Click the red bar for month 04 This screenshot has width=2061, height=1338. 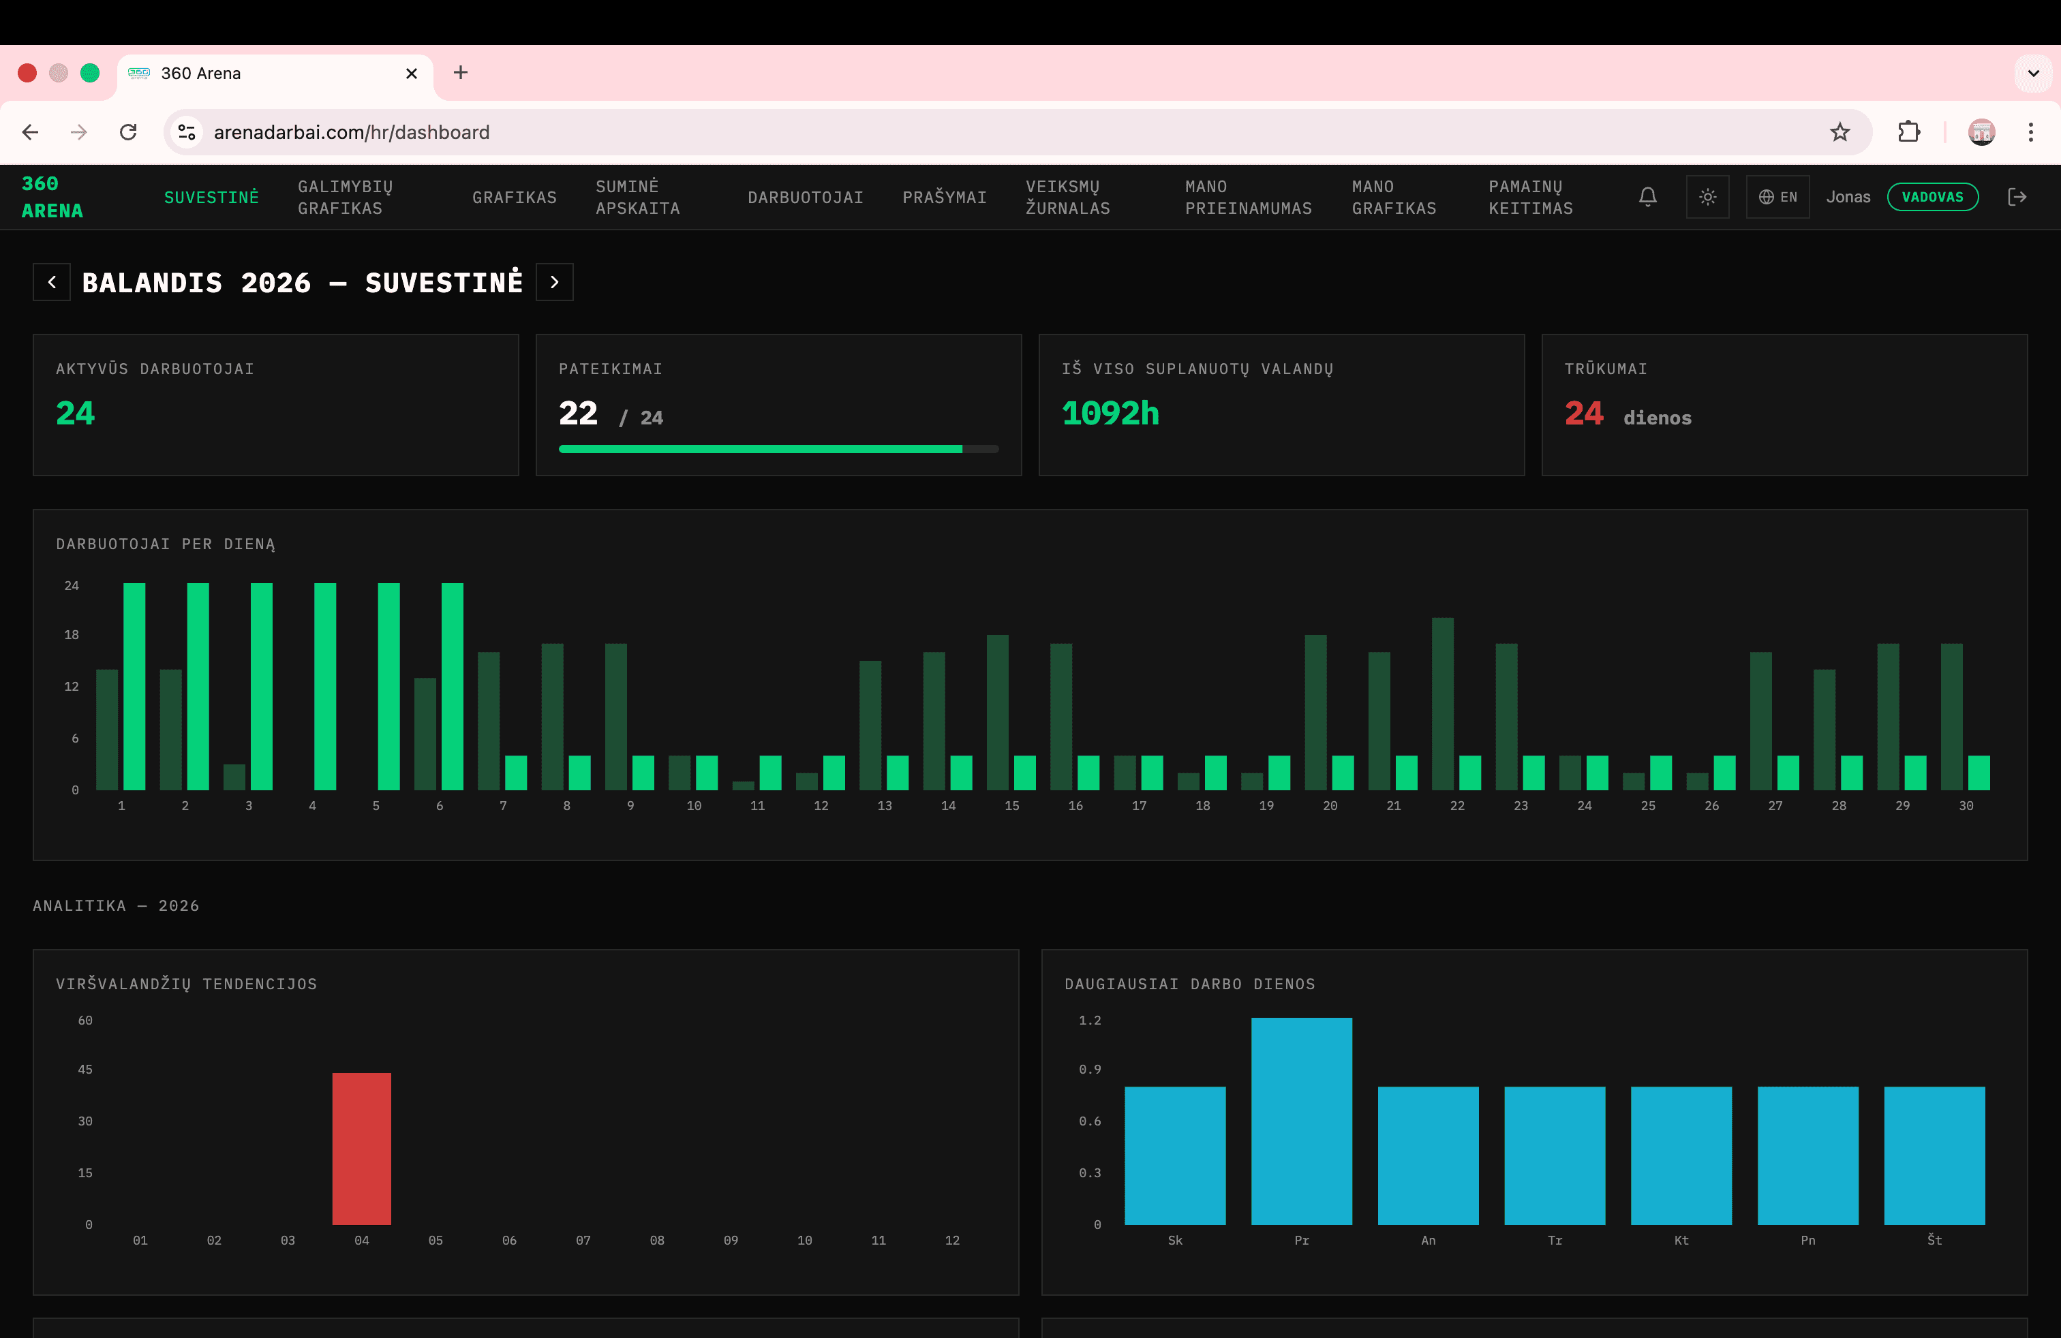point(361,1149)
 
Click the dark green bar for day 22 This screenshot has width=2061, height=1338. point(1442,704)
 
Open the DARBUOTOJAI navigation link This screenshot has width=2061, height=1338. point(806,198)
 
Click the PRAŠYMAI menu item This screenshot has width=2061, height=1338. point(944,198)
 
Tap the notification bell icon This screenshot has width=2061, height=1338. point(1647,198)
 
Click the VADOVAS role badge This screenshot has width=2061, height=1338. point(1932,198)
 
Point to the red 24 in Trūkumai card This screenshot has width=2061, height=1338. point(1583,414)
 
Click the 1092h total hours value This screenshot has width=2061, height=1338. point(1110,414)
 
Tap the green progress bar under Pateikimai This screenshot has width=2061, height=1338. point(761,449)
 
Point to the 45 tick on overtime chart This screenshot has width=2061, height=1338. point(85,1070)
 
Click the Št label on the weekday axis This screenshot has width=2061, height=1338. point(1934,1240)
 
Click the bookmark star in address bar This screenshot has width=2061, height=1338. point(1839,132)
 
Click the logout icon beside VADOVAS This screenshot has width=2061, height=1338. point(2017,198)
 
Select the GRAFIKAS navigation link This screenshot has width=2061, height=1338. point(515,198)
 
